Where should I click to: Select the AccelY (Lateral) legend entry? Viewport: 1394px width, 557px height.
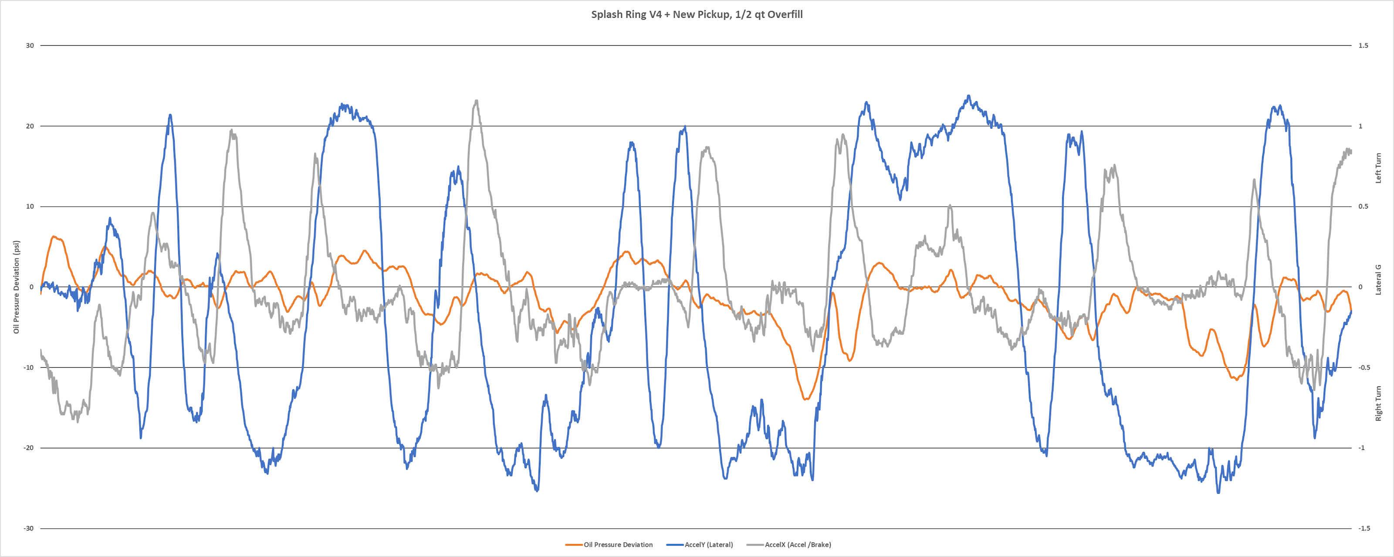click(x=708, y=544)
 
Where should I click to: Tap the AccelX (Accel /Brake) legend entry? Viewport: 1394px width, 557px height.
click(x=798, y=544)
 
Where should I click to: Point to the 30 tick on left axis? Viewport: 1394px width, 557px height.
click(x=30, y=45)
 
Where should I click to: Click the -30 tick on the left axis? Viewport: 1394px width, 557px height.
click(x=29, y=528)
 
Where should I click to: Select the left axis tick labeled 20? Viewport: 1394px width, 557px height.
click(x=30, y=126)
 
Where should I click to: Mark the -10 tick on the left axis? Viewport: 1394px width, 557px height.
click(x=29, y=368)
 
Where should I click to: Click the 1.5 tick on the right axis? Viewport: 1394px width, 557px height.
click(x=1363, y=45)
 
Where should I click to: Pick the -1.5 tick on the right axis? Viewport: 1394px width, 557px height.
click(x=1364, y=528)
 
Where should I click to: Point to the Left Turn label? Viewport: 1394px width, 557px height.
click(x=1378, y=168)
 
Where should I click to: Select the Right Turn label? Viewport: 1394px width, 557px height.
click(x=1378, y=403)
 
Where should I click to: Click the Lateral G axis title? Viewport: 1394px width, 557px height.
click(x=1378, y=279)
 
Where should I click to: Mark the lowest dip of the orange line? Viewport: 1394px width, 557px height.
click(x=806, y=399)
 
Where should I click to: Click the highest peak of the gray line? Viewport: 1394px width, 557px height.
click(x=476, y=101)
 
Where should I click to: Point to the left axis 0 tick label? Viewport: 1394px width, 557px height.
click(x=31, y=287)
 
